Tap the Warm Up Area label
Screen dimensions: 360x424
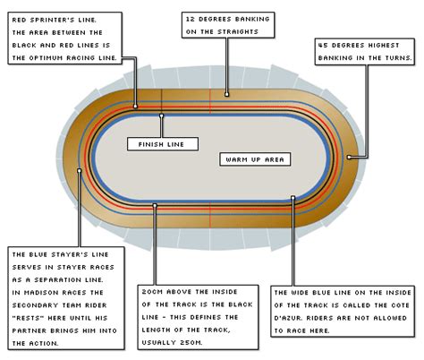click(x=254, y=159)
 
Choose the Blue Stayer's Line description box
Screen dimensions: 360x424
click(x=65, y=296)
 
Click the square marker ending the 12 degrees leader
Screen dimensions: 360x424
click(x=227, y=92)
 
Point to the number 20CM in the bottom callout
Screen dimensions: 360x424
click(x=154, y=291)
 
